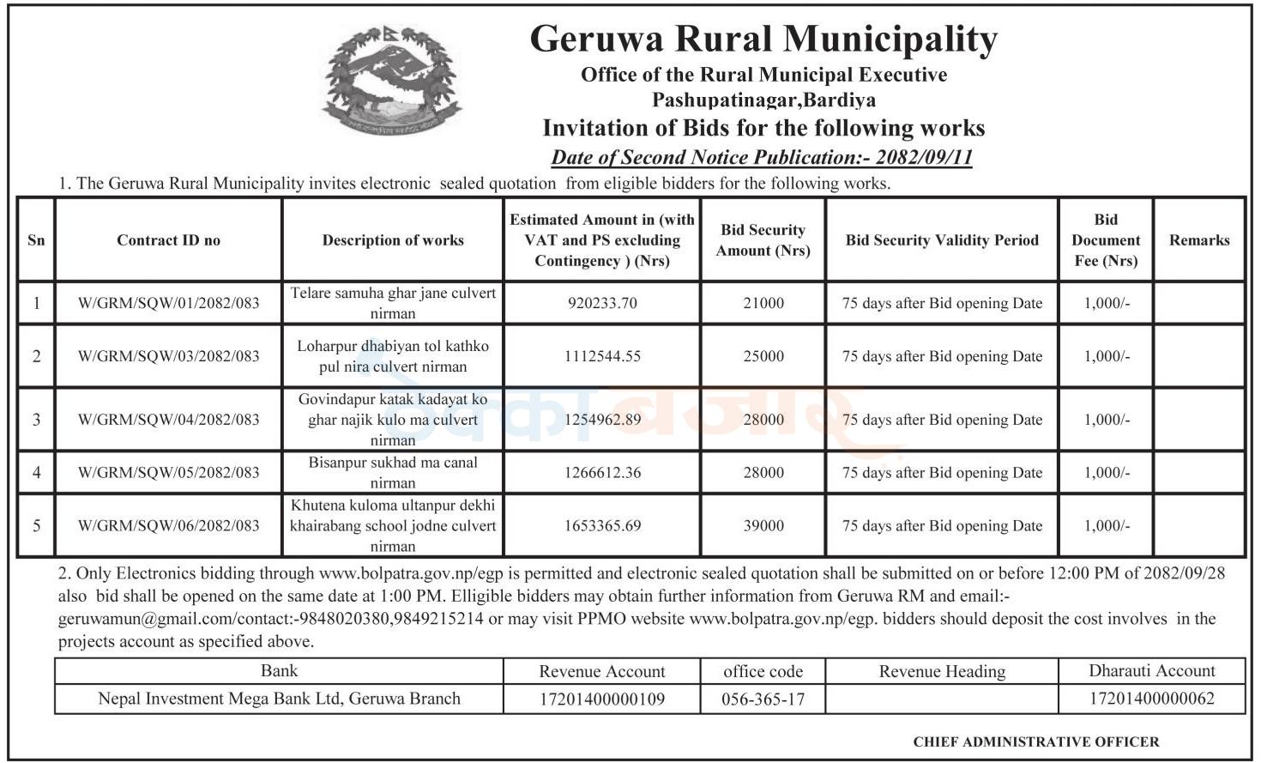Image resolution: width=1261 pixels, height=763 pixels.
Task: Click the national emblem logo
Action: pyautogui.click(x=392, y=82)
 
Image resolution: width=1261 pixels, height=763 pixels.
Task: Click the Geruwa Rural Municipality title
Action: pyautogui.click(x=763, y=39)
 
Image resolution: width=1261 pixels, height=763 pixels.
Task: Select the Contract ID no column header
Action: pyautogui.click(x=168, y=240)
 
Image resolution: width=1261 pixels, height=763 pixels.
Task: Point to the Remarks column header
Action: pyautogui.click(x=1198, y=240)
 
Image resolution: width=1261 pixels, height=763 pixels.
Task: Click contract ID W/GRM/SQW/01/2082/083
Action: pyautogui.click(x=168, y=303)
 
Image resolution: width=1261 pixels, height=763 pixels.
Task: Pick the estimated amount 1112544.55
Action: pyautogui.click(x=602, y=356)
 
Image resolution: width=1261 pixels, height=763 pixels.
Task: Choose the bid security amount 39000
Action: pyautogui.click(x=763, y=525)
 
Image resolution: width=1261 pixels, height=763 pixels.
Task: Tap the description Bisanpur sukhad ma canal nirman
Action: pyautogui.click(x=393, y=472)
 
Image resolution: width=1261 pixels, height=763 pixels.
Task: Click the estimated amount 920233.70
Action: pyautogui.click(x=602, y=303)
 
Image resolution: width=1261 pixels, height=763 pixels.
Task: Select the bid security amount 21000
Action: pyautogui.click(x=763, y=303)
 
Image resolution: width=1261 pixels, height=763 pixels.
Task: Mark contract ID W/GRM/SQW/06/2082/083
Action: pyautogui.click(x=168, y=525)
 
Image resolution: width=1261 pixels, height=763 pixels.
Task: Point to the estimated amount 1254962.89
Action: pyautogui.click(x=602, y=420)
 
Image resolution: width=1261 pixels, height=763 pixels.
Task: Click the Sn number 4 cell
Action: pyautogui.click(x=36, y=472)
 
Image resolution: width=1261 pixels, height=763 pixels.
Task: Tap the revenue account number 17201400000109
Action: pyautogui.click(x=601, y=699)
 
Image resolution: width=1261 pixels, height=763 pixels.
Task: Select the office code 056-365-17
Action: pyautogui.click(x=763, y=699)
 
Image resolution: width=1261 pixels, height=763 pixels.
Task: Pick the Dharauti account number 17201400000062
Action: pyautogui.click(x=1151, y=699)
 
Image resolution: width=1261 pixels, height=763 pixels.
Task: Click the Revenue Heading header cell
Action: pyautogui.click(x=942, y=671)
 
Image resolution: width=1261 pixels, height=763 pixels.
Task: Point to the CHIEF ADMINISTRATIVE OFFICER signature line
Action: pyautogui.click(x=1035, y=742)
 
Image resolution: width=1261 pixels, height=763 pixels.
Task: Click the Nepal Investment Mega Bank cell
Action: pyautogui.click(x=279, y=699)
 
